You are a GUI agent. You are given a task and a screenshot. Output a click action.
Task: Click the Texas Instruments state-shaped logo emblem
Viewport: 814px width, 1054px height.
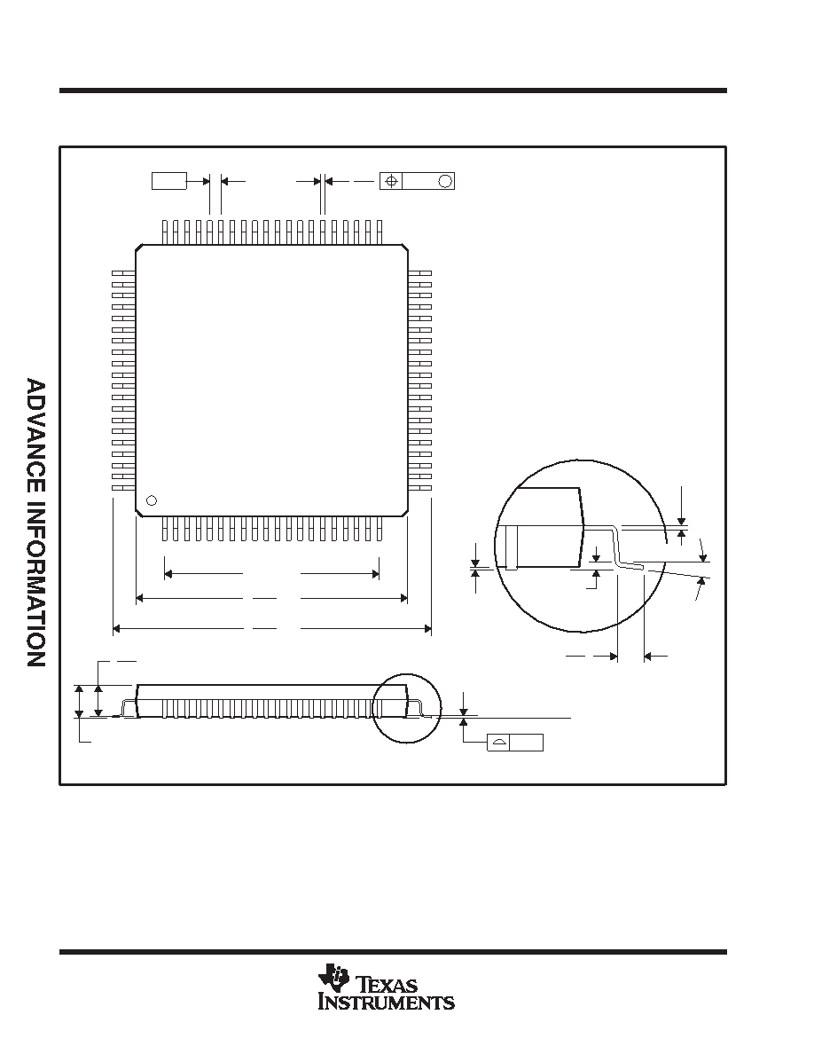[x=333, y=977]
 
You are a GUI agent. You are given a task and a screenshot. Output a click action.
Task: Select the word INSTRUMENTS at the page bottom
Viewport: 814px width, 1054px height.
[x=387, y=1003]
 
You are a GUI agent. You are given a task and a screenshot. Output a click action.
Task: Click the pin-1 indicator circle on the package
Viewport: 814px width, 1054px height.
[x=152, y=500]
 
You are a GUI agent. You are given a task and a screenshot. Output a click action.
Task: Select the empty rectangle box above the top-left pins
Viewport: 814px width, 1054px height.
[x=168, y=181]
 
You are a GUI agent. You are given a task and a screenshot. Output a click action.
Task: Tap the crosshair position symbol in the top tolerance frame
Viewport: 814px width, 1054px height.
[x=392, y=181]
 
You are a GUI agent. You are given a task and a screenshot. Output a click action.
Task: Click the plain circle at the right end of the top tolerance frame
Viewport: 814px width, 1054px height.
[x=444, y=181]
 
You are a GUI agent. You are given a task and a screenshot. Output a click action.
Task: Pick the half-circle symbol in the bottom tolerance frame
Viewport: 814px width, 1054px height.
[x=498, y=743]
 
